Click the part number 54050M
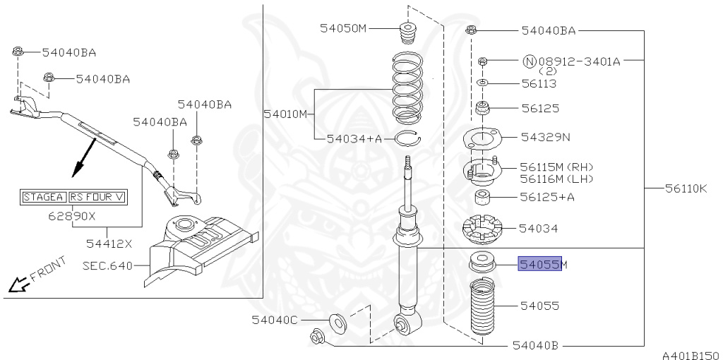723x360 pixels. pyautogui.click(x=344, y=28)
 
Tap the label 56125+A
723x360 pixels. pyautogui.click(x=547, y=197)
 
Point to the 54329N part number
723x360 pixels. pyautogui.click(x=545, y=136)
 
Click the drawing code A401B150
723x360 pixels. pyautogui.click(x=690, y=354)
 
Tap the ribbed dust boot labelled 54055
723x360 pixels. pyautogui.click(x=484, y=307)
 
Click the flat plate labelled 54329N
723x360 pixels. pyautogui.click(x=482, y=139)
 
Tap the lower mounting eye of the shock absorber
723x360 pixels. pyautogui.click(x=408, y=324)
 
